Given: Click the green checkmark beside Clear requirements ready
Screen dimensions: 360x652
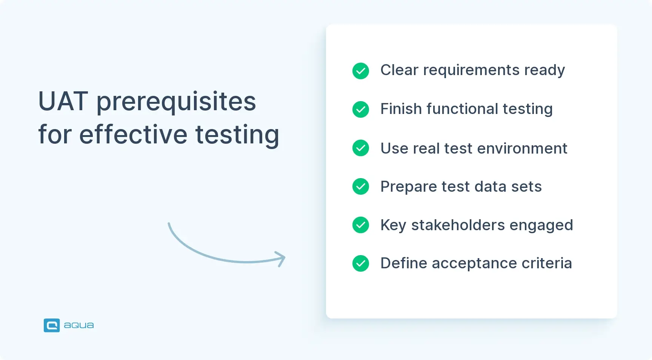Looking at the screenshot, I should point(360,71).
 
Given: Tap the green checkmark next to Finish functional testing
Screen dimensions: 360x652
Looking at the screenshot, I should point(360,109).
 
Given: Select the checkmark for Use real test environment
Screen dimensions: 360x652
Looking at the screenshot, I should point(360,148).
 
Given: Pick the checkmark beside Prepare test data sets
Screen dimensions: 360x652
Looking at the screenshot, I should point(360,186).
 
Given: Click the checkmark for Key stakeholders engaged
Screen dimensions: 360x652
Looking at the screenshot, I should point(360,225).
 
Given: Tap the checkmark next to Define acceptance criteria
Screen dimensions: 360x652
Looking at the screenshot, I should point(360,263).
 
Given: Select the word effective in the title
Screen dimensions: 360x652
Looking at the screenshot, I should point(133,135).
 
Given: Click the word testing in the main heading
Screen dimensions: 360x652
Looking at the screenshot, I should point(237,135).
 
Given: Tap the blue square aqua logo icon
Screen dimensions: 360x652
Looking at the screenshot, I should point(52,325).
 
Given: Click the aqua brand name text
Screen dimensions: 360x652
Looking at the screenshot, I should point(79,325).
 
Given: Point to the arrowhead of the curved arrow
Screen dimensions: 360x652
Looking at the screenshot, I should point(281,258).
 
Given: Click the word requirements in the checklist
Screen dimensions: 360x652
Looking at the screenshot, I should point(471,71).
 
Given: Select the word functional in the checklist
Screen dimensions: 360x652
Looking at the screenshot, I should point(462,109).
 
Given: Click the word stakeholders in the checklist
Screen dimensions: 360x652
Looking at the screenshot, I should point(458,225).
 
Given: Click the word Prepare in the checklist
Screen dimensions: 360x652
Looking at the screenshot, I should point(408,187).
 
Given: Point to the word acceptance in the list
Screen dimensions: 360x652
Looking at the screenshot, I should point(474,263).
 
